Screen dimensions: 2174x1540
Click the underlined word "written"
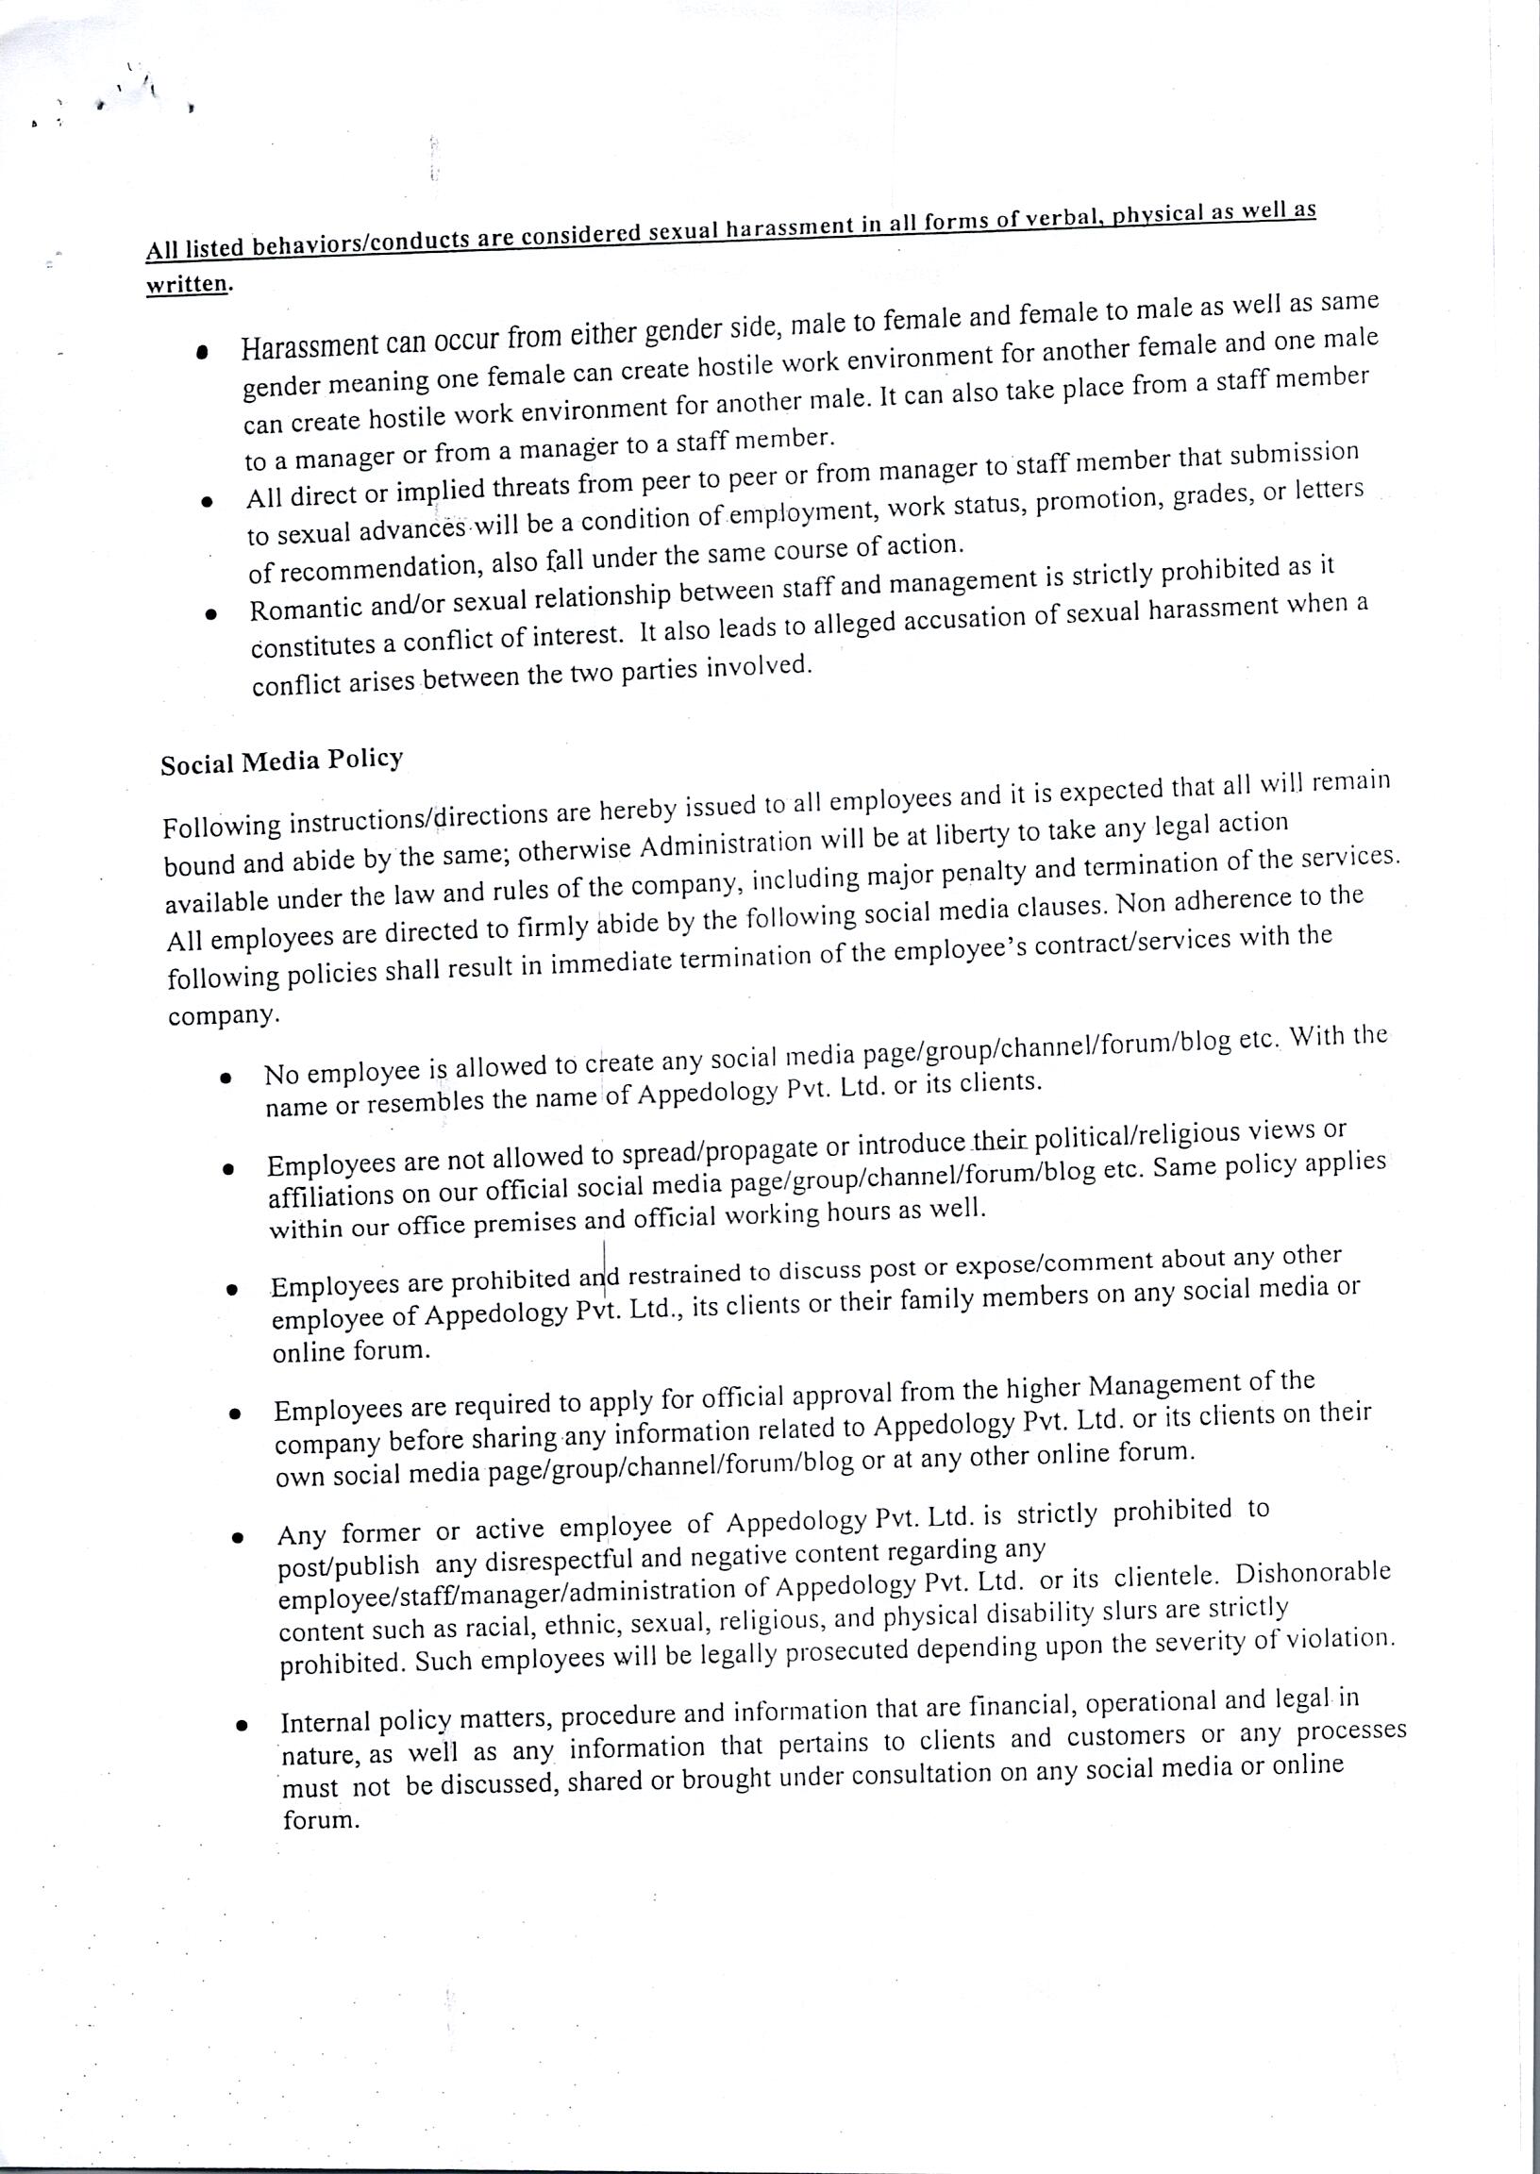[187, 283]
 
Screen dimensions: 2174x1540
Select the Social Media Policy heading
[281, 761]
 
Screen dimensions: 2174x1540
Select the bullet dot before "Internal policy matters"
[243, 1727]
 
